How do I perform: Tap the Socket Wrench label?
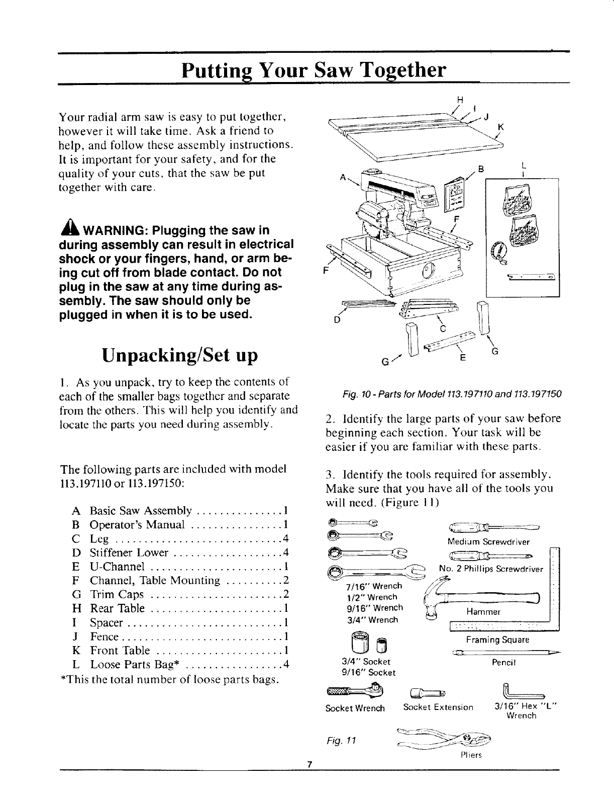click(355, 708)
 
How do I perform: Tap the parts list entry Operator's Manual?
click(138, 525)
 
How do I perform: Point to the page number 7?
click(310, 779)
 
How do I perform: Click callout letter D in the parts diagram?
click(337, 320)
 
